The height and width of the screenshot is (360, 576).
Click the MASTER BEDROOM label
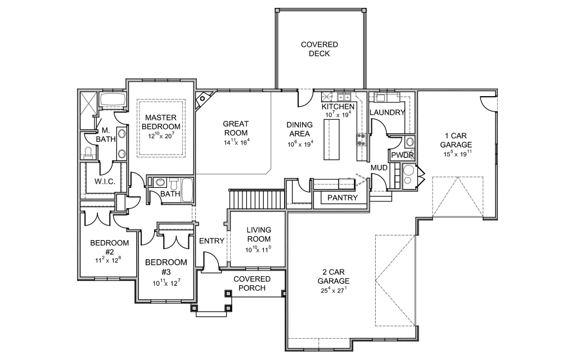(x=162, y=122)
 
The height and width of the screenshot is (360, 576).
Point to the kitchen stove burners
(x=361, y=139)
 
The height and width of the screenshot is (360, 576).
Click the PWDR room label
(x=402, y=155)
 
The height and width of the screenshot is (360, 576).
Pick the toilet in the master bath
(x=88, y=151)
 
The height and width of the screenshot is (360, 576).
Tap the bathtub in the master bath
(x=114, y=100)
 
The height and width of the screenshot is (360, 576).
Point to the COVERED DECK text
(x=319, y=49)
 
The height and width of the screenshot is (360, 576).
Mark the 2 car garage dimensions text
(x=334, y=291)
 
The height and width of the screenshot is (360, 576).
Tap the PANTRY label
(x=343, y=197)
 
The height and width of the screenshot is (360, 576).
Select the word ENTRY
(x=212, y=241)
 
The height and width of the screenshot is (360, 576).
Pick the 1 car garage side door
(x=488, y=103)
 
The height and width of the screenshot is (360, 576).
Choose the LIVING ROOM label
(x=259, y=234)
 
